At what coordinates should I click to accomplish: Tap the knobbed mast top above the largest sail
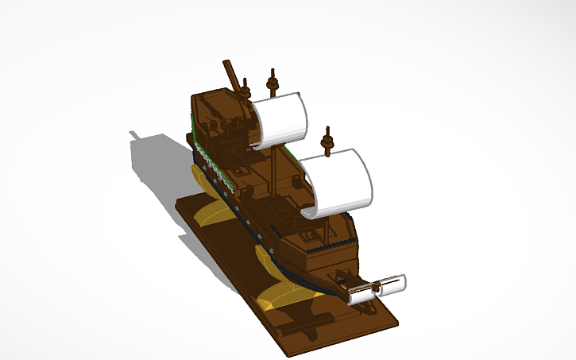pos(326,138)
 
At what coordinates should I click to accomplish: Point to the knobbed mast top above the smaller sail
pos(273,81)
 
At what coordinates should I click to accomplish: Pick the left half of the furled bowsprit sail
pos(361,293)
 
